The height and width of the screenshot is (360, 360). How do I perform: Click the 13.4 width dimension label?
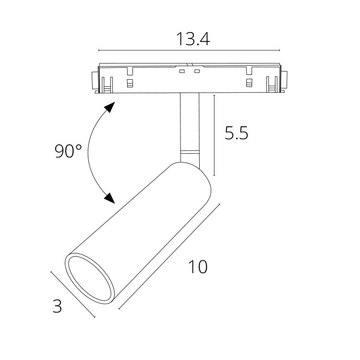pos(193,39)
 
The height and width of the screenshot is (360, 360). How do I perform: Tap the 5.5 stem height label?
pos(236,133)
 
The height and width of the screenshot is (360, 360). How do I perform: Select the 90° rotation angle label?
pos(68,151)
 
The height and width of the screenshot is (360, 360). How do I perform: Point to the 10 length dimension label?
pos(198,266)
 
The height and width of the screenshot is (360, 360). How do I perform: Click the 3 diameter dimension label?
pos(57,306)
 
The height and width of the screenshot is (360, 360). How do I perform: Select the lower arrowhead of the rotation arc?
pos(109,198)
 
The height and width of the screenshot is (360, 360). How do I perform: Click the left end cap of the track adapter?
pos(95,80)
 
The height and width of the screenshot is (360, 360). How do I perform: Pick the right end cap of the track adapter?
pos(284,80)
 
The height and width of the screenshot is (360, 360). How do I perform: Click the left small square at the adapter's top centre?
pos(182,72)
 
